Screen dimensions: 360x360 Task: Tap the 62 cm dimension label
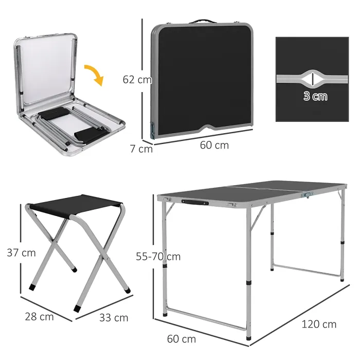(137, 80)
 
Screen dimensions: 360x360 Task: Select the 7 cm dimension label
(141, 149)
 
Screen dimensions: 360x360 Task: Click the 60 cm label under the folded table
(214, 145)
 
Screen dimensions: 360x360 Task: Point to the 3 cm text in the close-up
(315, 96)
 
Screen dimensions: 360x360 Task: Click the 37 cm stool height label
(21, 253)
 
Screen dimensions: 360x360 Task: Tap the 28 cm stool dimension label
(39, 317)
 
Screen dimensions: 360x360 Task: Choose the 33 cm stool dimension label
(114, 318)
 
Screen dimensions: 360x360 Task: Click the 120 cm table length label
(319, 324)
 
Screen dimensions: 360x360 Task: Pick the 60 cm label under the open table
(182, 339)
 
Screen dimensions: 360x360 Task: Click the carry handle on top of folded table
(202, 22)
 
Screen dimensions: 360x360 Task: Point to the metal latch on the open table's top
(308, 194)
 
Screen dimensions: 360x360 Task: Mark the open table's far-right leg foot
(342, 278)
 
